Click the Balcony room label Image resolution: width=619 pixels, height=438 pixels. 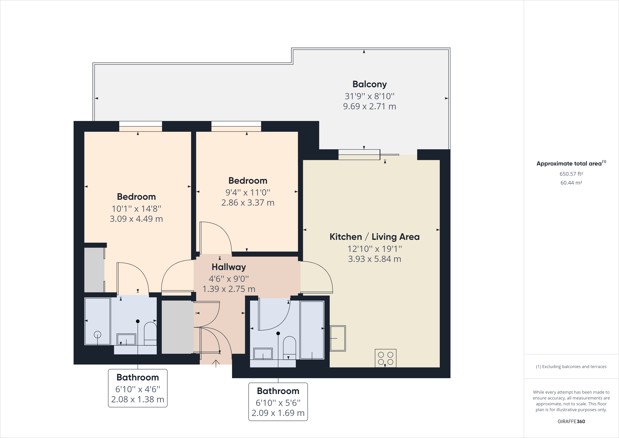pyautogui.click(x=369, y=84)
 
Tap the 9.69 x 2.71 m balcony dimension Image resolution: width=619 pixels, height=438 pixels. pyautogui.click(x=369, y=106)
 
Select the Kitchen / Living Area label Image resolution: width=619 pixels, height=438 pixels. pyautogui.click(x=374, y=237)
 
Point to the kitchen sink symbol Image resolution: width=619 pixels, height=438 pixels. pyautogui.click(x=338, y=338)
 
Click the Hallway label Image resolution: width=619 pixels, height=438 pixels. pyautogui.click(x=229, y=267)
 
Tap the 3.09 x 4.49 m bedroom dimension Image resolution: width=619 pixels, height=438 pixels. pyautogui.click(x=136, y=219)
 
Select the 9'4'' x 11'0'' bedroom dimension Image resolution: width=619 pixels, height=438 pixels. pyautogui.click(x=248, y=192)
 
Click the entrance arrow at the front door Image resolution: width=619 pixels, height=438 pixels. pyautogui.click(x=216, y=363)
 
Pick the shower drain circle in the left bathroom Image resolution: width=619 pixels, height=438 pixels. pyautogui.click(x=97, y=335)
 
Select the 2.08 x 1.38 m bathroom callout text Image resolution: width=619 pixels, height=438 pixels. pyautogui.click(x=137, y=399)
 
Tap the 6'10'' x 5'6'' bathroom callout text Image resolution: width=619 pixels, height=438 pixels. pyautogui.click(x=278, y=403)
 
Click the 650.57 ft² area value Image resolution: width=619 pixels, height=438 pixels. pyautogui.click(x=571, y=174)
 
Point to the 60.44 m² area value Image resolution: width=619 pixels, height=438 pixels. pyautogui.click(x=571, y=183)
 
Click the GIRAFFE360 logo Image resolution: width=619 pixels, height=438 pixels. pyautogui.click(x=571, y=421)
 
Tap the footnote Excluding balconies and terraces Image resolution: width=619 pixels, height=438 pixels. pyautogui.click(x=571, y=366)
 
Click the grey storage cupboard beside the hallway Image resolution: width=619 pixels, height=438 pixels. pyautogui.click(x=177, y=327)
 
